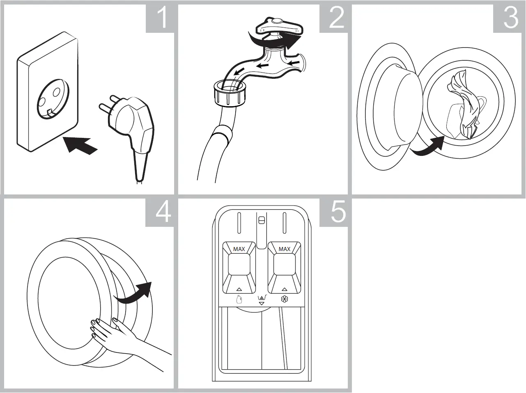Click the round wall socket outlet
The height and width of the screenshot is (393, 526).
click(x=52, y=102)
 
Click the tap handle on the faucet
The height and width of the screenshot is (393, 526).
click(x=279, y=27)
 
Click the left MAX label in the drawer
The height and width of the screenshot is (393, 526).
click(x=239, y=249)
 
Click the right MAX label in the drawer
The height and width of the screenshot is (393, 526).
click(x=284, y=249)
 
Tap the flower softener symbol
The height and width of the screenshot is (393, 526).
click(x=284, y=299)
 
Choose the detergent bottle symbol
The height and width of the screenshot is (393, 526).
click(x=239, y=299)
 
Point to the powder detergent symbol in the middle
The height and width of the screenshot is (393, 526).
click(x=261, y=299)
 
